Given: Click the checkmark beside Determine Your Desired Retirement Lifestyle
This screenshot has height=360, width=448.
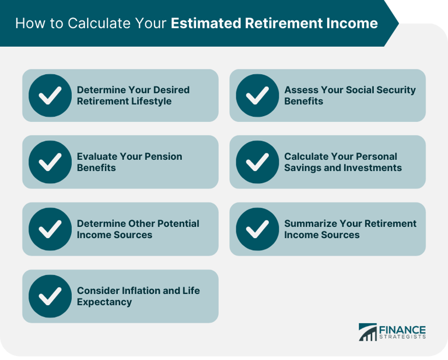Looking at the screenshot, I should tap(50, 96).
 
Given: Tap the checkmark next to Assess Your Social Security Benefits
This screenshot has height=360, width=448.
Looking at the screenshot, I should tap(257, 96).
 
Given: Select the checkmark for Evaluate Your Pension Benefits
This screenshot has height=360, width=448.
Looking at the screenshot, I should tap(50, 162).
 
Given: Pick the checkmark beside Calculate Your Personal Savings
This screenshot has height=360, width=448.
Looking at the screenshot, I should tap(257, 162).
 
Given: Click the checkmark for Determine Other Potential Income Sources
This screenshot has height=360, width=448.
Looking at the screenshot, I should tap(50, 229).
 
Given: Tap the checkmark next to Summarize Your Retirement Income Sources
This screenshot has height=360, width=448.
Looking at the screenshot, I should tap(257, 229).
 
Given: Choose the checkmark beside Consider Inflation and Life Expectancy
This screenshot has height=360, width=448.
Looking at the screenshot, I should tap(50, 296).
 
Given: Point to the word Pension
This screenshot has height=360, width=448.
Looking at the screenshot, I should tap(161, 156).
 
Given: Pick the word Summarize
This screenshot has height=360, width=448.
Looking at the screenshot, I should tap(309, 223).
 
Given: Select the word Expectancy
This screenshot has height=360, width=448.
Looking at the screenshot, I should tap(104, 302).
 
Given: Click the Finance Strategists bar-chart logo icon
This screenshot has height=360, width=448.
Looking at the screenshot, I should tap(367, 332).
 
